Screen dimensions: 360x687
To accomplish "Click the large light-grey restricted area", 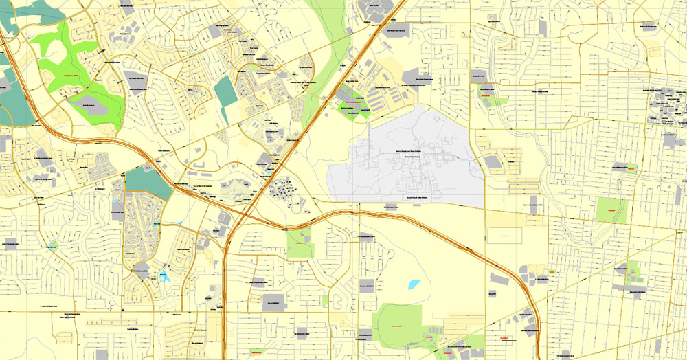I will (x=405, y=165).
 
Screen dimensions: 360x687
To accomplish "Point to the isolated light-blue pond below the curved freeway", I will (x=414, y=284).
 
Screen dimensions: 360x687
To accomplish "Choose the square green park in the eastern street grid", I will (x=611, y=210).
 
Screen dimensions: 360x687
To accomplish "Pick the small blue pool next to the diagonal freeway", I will (x=275, y=164).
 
